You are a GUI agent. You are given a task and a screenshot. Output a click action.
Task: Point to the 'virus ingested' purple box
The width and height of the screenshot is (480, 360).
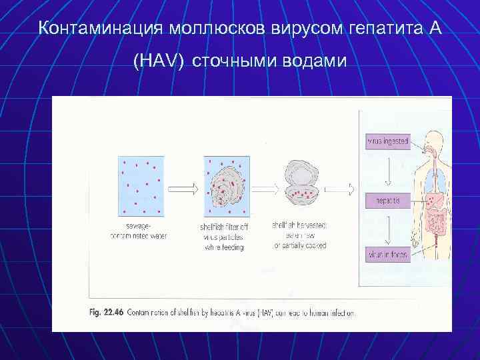[387, 141]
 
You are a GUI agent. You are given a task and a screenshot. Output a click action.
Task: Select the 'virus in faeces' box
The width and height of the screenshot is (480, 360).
[387, 253]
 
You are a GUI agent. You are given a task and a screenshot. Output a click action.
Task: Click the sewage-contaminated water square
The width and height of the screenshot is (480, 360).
[141, 186]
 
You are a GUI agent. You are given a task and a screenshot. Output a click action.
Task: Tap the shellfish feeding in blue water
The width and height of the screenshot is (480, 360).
[227, 186]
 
